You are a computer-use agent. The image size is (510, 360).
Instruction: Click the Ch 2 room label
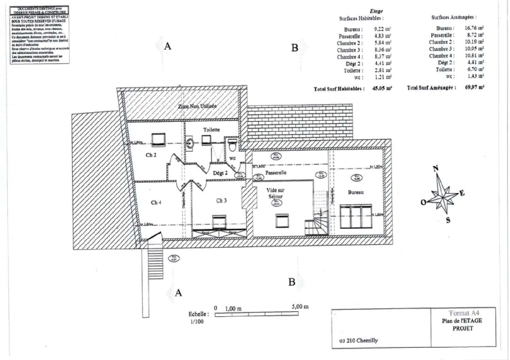[x=151, y=155]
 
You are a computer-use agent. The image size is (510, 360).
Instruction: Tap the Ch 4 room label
[x=156, y=202]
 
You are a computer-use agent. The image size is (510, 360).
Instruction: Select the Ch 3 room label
[x=221, y=201]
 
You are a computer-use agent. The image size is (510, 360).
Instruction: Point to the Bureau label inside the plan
[x=356, y=192]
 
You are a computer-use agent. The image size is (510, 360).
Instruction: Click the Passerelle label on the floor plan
[x=276, y=173]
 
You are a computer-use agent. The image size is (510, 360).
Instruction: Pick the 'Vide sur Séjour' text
[x=275, y=193]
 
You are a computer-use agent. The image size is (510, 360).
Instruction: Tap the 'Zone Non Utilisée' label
[x=197, y=106]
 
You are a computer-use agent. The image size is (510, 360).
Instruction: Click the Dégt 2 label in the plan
[x=220, y=173]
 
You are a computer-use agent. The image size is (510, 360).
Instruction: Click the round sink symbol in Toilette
[x=190, y=144]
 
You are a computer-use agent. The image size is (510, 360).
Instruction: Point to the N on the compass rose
[x=436, y=168]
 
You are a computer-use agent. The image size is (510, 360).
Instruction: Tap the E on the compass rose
[x=462, y=193]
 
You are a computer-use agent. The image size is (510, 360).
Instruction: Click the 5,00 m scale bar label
[x=300, y=307]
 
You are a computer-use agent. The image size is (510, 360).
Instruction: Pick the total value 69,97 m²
[x=474, y=87]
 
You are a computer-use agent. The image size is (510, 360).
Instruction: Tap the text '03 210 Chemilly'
[x=359, y=340]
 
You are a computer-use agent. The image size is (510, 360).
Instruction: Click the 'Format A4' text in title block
[x=464, y=313]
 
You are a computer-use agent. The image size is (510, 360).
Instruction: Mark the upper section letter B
[x=295, y=48]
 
